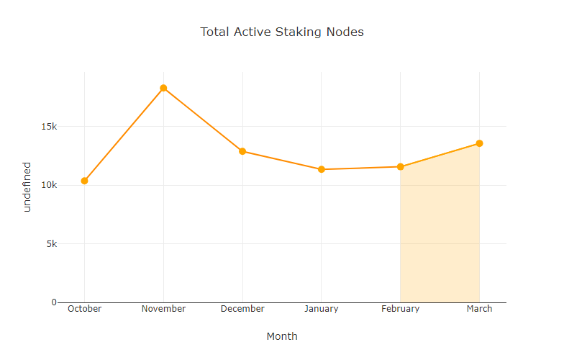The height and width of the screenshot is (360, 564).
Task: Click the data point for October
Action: [84, 181]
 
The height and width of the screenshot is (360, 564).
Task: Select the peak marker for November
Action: [163, 88]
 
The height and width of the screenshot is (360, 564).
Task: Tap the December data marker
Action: [242, 151]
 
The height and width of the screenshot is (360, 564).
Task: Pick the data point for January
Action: [322, 169]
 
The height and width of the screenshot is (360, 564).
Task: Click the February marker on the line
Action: [400, 167]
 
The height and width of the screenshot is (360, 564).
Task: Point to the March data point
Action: [479, 143]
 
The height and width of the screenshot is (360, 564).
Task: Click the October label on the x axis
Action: [84, 309]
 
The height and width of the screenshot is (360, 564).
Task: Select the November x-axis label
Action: [163, 309]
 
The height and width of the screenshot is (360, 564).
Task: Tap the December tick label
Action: [242, 309]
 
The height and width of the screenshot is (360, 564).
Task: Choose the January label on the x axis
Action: [322, 309]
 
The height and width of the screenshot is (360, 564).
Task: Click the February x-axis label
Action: [400, 309]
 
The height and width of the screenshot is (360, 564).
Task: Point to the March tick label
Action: [479, 309]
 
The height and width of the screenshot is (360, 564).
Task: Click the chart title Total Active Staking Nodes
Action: [282, 32]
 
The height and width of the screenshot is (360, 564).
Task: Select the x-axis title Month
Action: [282, 336]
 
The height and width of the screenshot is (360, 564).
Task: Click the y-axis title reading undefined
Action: [27, 186]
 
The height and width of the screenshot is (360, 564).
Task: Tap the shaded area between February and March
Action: [440, 238]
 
